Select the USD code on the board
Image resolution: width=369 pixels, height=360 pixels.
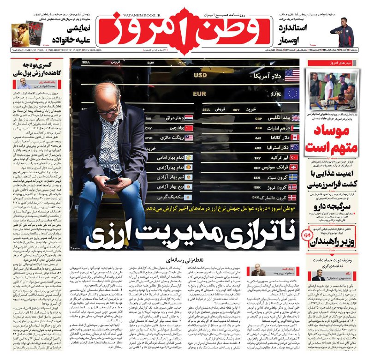[x=200, y=75]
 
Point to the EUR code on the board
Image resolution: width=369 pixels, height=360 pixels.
[x=200, y=94]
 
